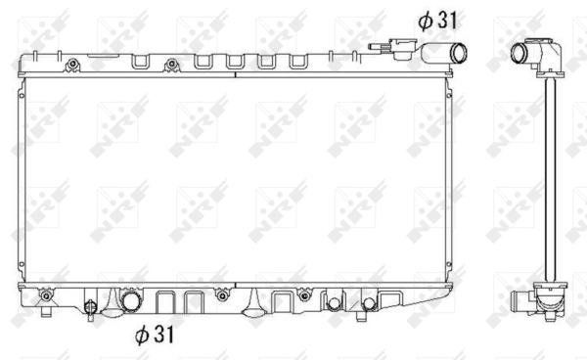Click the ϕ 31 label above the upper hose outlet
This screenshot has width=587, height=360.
pos(437,21)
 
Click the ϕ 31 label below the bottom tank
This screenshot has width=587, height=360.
pos(155,335)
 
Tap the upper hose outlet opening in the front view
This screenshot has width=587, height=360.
pos(458,54)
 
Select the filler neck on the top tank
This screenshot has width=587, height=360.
pos(403,49)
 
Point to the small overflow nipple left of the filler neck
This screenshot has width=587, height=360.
pos(378,47)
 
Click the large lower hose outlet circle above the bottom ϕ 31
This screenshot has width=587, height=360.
pos(131,301)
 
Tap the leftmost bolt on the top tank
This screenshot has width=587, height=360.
pos(72,65)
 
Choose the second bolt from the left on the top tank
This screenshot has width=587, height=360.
pos(172,65)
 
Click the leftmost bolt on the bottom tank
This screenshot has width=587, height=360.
pos(46,296)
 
